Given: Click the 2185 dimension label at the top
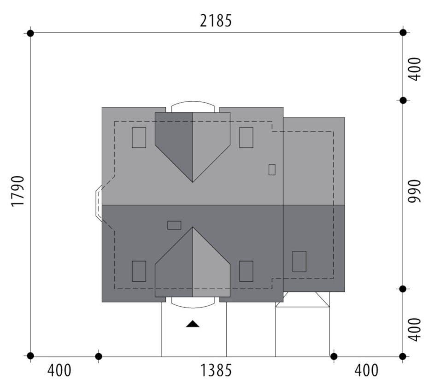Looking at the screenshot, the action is (216, 21).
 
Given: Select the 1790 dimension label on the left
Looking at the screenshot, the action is (18, 191).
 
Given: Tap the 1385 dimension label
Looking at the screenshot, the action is (216, 370).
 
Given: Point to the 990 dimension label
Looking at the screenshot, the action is (415, 191).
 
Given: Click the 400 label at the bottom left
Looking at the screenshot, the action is (59, 370).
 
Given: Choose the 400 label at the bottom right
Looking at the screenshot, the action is (366, 370).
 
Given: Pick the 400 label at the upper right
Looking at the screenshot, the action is (415, 69).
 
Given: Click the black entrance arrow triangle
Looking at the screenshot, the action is (193, 324).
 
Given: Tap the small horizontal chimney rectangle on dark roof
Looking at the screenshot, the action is (174, 225).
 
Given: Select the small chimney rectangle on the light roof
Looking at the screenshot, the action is (272, 169).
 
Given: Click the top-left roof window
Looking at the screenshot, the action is (139, 138).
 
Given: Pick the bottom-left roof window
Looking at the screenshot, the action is (139, 271).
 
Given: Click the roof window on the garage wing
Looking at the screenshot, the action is (300, 262).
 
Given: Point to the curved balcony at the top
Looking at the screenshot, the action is (193, 102).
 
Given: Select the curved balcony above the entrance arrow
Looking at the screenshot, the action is (193, 307).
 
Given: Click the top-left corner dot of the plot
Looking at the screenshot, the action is (30, 33).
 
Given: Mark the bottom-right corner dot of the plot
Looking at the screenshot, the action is (403, 356).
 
